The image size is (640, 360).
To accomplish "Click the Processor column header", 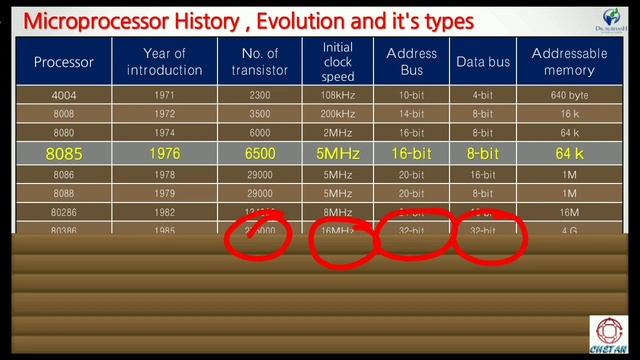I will pyautogui.click(x=64, y=62).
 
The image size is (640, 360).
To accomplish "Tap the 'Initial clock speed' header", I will pyautogui.click(x=338, y=61).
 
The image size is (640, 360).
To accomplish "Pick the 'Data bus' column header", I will pyautogui.click(x=483, y=62).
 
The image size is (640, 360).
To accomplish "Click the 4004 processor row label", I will pyautogui.click(x=64, y=95).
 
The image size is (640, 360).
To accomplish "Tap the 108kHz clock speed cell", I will pyautogui.click(x=338, y=95).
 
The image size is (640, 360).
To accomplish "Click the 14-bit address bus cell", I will pyautogui.click(x=411, y=114).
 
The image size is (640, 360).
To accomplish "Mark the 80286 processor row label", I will pyautogui.click(x=64, y=212).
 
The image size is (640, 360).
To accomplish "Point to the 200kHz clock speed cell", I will pyautogui.click(x=338, y=114).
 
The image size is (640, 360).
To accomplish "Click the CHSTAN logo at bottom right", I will pyautogui.click(x=608, y=336).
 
